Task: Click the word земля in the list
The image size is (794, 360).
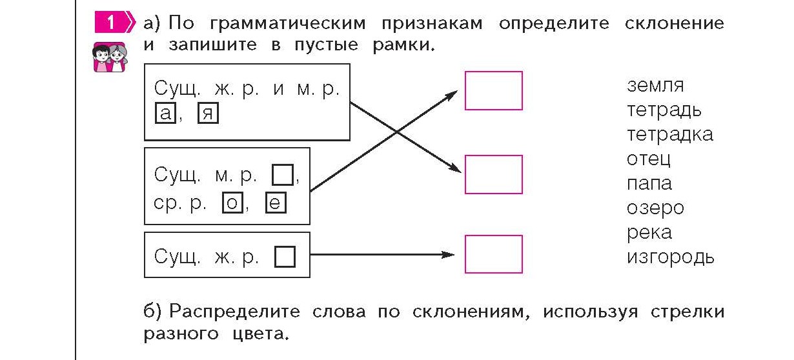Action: [x=655, y=85]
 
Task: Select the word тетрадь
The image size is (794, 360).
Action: [x=664, y=110]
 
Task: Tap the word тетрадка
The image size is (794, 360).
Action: [x=669, y=134]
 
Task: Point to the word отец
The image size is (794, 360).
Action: [x=649, y=159]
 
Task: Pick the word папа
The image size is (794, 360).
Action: [x=649, y=184]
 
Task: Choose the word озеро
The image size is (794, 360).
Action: [x=655, y=208]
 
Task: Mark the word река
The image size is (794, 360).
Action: [x=649, y=232]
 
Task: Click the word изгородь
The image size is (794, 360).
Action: [x=670, y=257]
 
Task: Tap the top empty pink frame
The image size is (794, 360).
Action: [x=493, y=91]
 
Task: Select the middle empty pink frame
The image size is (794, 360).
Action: [x=493, y=174]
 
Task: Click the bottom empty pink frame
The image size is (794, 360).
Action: [x=493, y=254]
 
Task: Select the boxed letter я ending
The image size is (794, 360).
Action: [x=209, y=114]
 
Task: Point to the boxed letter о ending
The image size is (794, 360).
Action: [x=232, y=203]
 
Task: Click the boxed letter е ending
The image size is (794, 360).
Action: [x=275, y=203]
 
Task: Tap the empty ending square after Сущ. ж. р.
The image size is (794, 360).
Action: [x=285, y=257]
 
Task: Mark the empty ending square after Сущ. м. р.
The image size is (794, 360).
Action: [x=283, y=175]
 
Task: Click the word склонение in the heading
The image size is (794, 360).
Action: [x=674, y=24]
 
